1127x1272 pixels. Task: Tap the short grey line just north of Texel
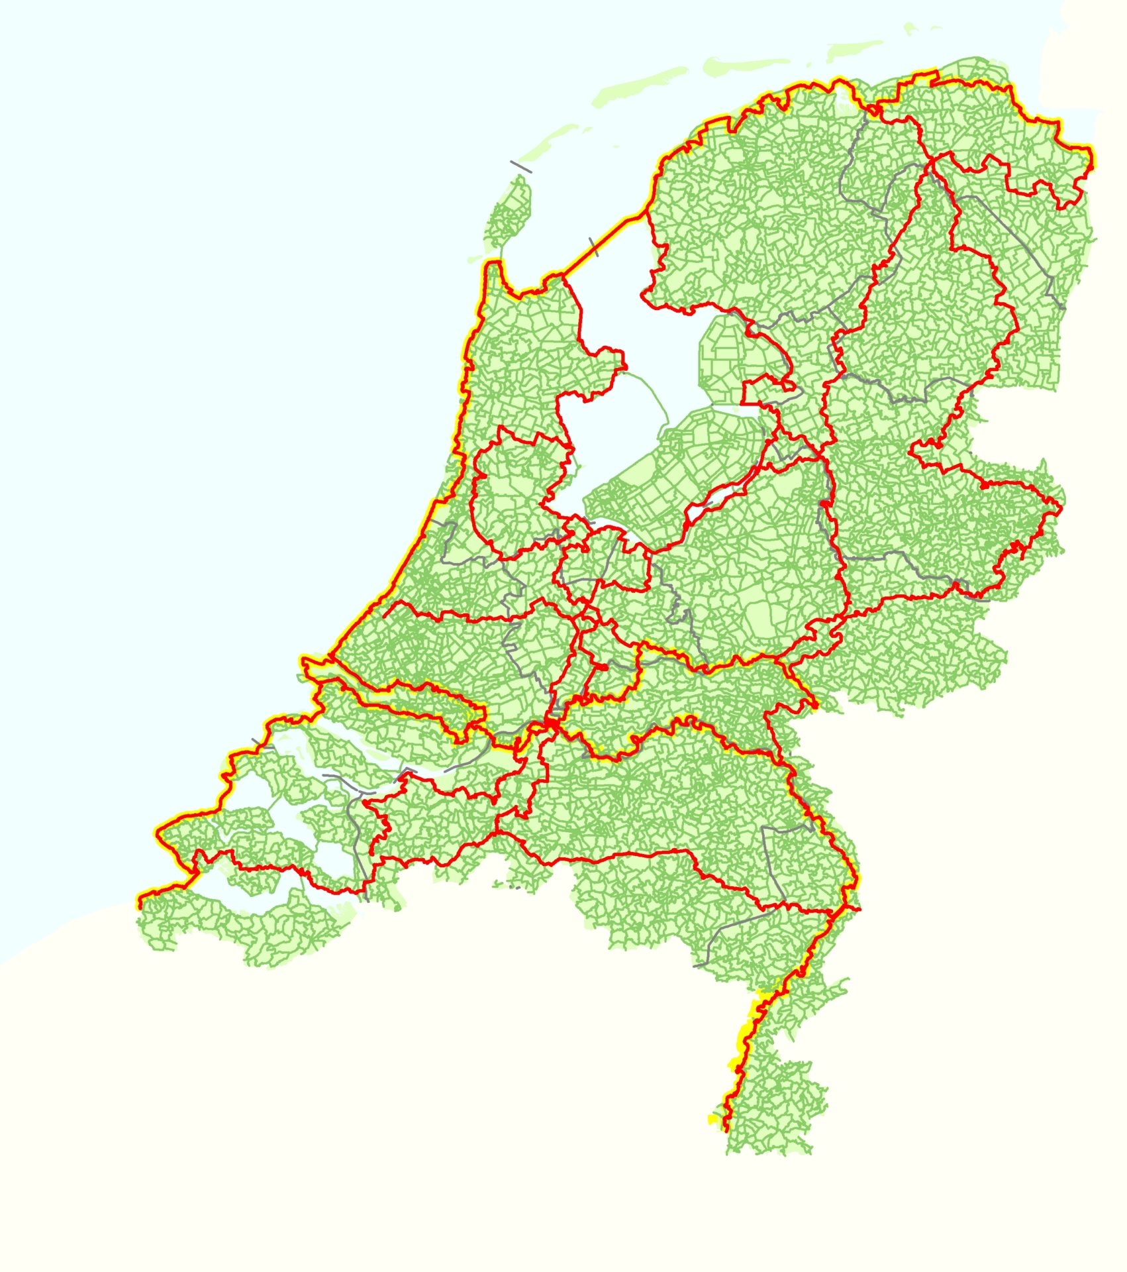[520, 166]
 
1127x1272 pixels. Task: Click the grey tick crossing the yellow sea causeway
[593, 246]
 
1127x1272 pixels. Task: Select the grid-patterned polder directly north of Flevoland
[728, 358]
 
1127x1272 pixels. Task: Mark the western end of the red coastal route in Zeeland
[140, 906]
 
